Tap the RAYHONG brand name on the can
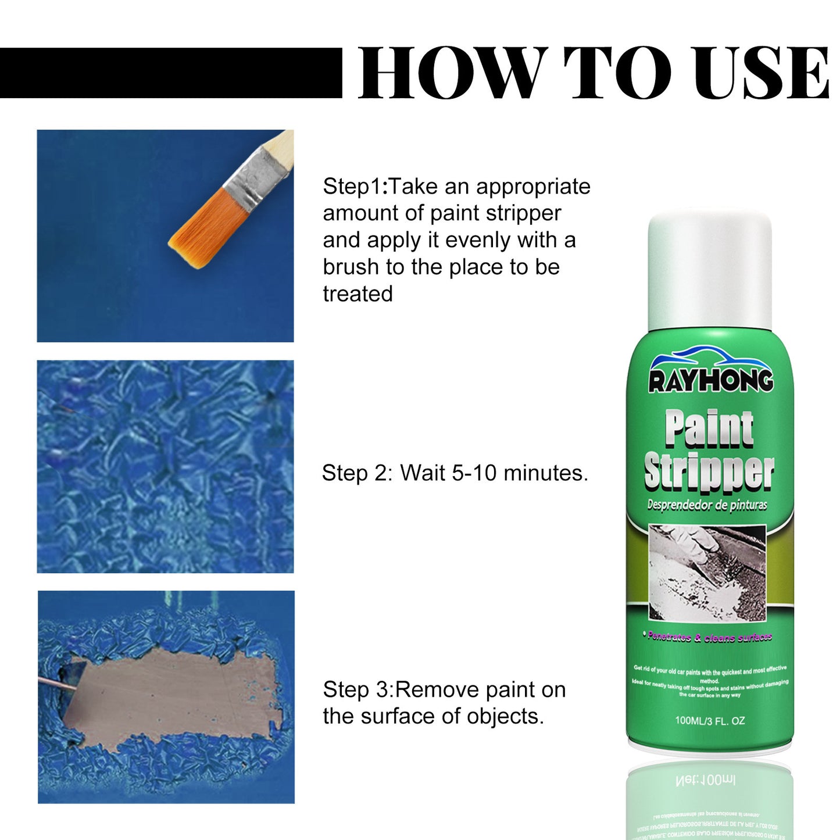pyautogui.click(x=710, y=381)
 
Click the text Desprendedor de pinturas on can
pyautogui.click(x=707, y=505)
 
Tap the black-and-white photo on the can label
pyautogui.click(x=707, y=573)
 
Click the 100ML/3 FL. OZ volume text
pyautogui.click(x=709, y=721)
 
